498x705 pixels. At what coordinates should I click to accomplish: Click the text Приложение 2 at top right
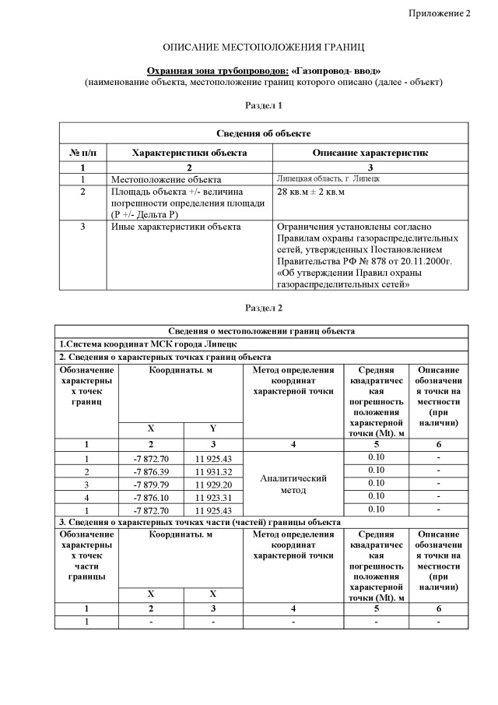point(440,14)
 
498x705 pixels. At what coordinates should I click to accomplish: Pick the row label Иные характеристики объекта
point(175,227)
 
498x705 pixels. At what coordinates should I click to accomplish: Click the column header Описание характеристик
point(370,153)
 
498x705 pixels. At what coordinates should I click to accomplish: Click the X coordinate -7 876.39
point(151,471)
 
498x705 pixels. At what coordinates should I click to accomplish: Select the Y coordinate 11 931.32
point(214,471)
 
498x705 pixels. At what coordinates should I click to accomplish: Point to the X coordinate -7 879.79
point(151,483)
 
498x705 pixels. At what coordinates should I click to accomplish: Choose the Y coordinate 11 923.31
point(214,496)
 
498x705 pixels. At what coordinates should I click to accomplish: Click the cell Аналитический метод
point(293,484)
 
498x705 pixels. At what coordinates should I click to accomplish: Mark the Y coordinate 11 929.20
point(214,483)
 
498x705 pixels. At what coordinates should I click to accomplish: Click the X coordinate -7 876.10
point(151,496)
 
